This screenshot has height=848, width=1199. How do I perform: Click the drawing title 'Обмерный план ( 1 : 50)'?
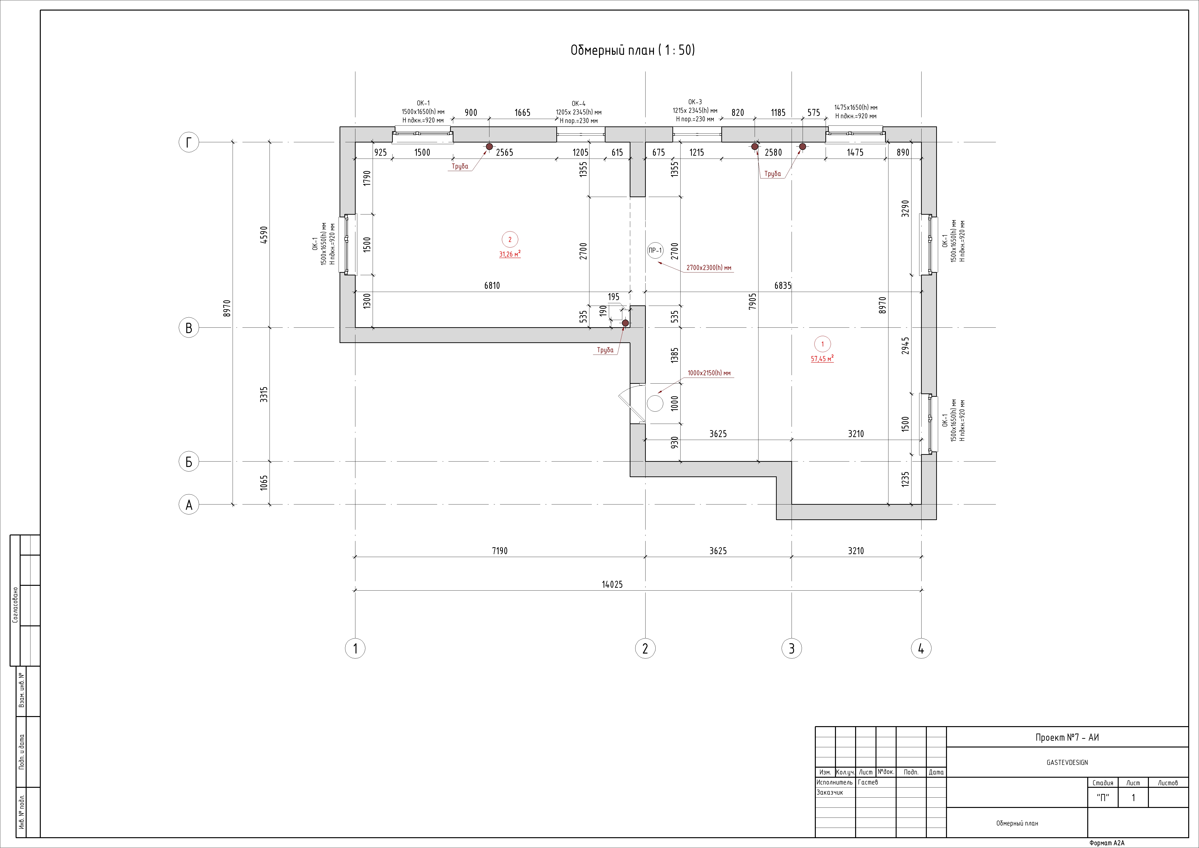632,50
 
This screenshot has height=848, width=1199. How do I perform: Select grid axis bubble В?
189,328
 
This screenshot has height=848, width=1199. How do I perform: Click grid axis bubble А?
189,505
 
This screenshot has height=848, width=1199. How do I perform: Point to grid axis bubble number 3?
792,648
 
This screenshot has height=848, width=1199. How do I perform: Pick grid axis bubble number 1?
355,648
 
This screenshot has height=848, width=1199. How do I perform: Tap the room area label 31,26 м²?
510,255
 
